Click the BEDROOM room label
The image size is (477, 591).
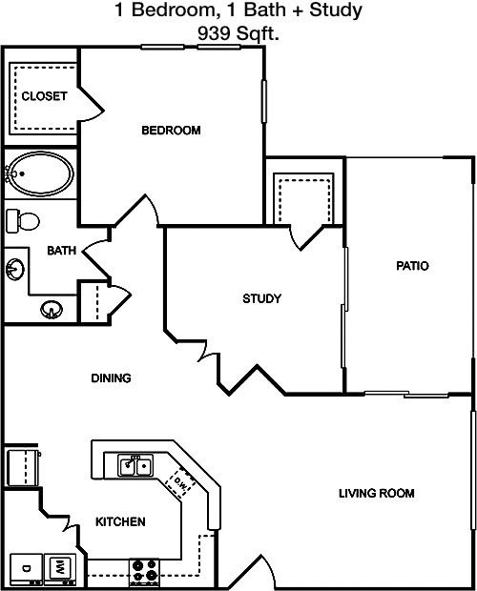point(171,131)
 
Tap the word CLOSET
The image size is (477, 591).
point(44,96)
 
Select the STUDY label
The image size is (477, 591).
point(261,298)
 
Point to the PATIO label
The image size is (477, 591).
point(412,266)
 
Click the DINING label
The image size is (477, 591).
point(111,377)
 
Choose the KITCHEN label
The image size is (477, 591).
point(120,521)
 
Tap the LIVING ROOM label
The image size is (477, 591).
point(376,493)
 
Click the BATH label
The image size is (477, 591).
point(61,251)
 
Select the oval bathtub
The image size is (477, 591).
point(40,173)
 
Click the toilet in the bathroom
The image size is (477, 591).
point(23,221)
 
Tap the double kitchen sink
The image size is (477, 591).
point(135,466)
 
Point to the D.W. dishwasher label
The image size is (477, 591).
point(180,483)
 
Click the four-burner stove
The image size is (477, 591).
point(144,571)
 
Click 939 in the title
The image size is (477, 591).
point(214,34)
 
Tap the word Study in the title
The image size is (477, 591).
point(336,10)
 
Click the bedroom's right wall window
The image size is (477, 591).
point(264,101)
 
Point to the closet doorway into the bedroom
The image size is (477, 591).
point(91,105)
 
